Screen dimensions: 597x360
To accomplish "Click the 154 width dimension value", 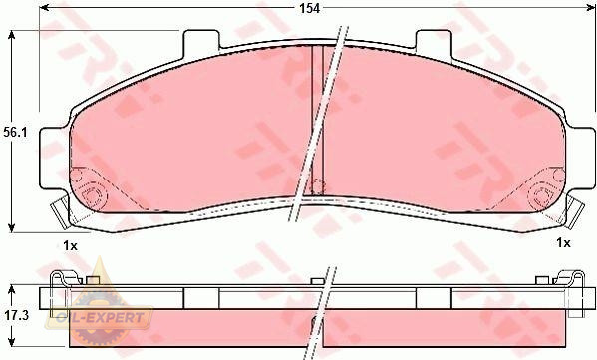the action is coord(309,8).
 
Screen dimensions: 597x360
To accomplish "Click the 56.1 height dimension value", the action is coord(16,133).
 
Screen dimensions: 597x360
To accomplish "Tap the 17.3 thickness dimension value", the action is coord(17,315).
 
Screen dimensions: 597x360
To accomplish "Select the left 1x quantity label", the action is coord(70,246).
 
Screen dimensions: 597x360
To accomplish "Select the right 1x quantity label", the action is coord(563,242).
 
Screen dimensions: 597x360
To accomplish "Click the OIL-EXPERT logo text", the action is coord(100,317).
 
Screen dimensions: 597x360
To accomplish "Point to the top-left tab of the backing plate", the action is coord(201,43).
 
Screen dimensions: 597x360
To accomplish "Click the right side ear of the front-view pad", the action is coord(581,159).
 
